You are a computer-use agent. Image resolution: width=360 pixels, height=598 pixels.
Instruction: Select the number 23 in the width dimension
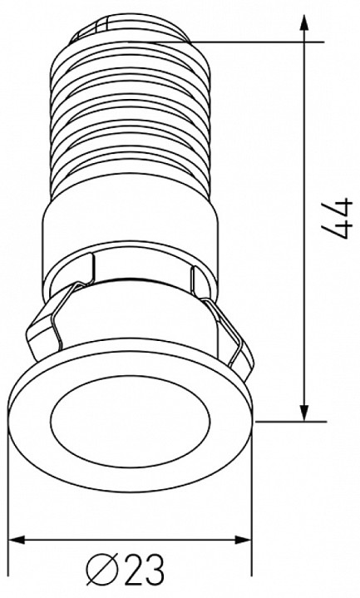pyautogui.click(x=145, y=570)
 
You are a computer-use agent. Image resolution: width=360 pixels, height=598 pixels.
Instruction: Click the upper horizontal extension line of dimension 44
pyautogui.click(x=249, y=39)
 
